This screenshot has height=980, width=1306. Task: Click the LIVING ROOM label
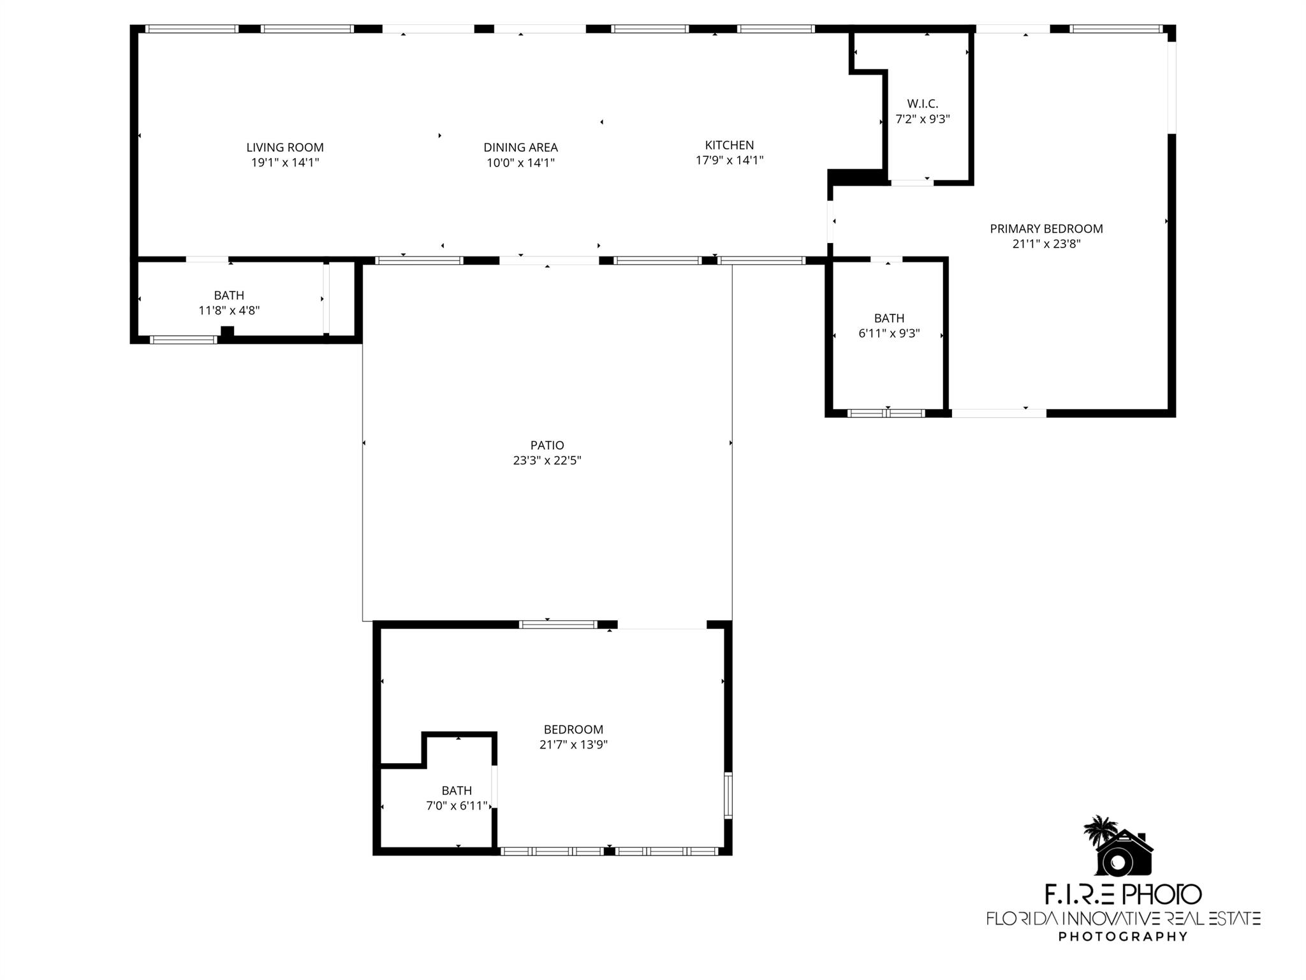tap(285, 147)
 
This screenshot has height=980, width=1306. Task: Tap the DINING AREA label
tap(520, 147)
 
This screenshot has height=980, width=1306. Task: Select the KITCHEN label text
tap(730, 145)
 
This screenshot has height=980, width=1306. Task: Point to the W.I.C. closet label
tap(923, 104)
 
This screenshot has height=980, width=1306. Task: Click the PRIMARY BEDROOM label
tap(1046, 228)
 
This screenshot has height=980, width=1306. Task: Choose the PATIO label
tap(547, 445)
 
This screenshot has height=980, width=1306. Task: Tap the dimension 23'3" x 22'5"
tap(547, 461)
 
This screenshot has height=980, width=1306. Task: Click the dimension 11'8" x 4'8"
tap(229, 311)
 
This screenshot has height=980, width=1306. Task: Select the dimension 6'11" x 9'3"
tap(889, 334)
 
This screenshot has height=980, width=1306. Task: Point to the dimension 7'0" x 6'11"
tap(457, 806)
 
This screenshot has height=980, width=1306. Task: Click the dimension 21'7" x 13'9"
tap(573, 745)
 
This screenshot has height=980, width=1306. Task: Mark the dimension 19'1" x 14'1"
tap(285, 163)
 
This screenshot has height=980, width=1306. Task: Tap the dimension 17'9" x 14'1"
tap(730, 160)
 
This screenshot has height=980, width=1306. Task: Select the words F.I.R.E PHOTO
tap(1123, 895)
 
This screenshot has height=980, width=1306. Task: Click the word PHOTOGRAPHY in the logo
tap(1123, 937)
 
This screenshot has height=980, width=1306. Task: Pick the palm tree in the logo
tap(1100, 829)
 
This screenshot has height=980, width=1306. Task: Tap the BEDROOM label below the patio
tap(573, 729)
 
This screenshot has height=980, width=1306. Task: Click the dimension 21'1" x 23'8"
tap(1046, 244)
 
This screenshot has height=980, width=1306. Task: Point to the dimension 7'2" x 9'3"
tap(923, 119)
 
